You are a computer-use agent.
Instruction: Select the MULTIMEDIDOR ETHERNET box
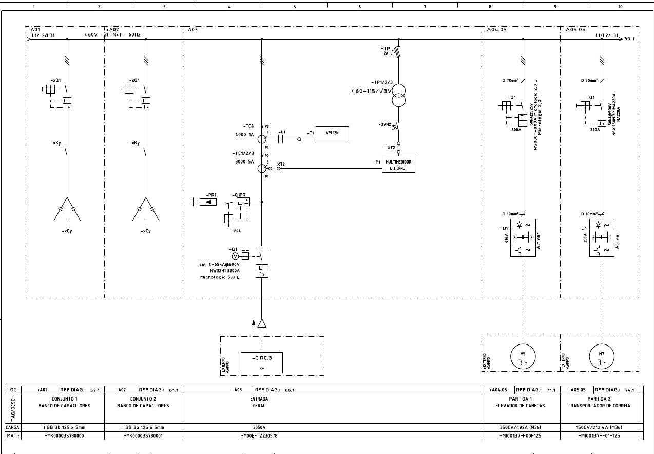click(x=398, y=165)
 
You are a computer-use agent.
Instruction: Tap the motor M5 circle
click(x=523, y=356)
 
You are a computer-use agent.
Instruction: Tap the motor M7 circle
click(x=601, y=356)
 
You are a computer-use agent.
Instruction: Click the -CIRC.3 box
click(x=262, y=362)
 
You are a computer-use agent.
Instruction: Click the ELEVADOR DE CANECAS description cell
click(x=521, y=402)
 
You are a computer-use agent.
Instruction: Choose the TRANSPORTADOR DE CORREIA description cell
click(x=599, y=402)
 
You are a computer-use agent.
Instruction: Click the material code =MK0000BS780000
click(x=65, y=435)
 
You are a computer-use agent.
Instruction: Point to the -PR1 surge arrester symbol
click(x=211, y=202)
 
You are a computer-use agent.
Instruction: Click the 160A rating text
click(x=237, y=231)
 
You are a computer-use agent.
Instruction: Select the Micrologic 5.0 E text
click(x=219, y=277)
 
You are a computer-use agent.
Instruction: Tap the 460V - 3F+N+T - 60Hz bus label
click(x=112, y=35)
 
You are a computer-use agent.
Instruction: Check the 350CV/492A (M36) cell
click(x=521, y=427)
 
